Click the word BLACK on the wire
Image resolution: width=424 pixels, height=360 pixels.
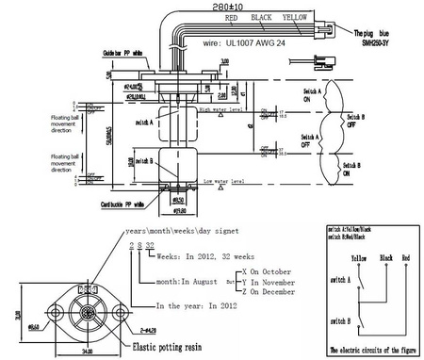pyautogui.click(x=263, y=17)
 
